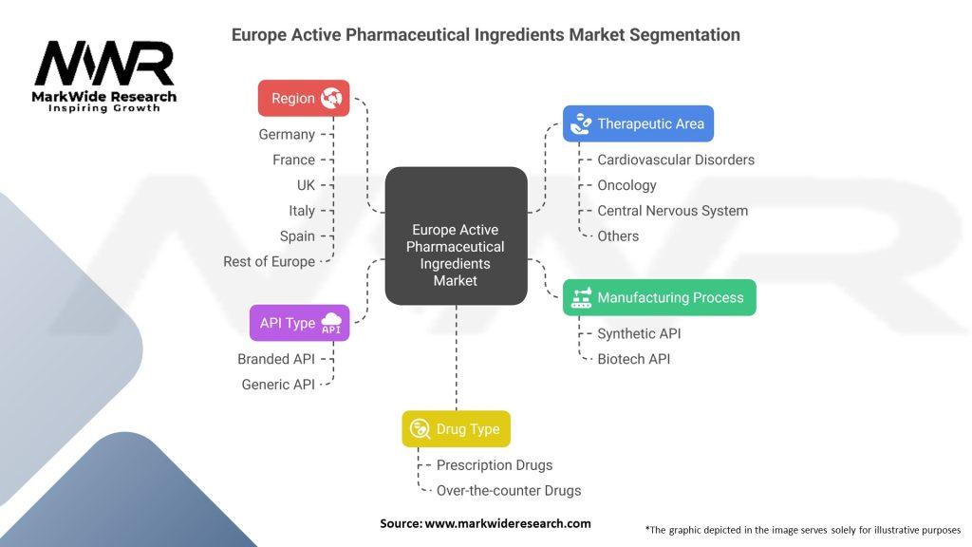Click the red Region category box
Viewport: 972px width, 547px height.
pos(304,98)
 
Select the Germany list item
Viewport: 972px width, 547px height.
pos(287,135)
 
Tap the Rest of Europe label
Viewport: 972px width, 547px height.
pos(269,261)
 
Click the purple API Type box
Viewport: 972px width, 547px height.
pos(299,323)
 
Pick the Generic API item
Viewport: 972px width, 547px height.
pos(278,385)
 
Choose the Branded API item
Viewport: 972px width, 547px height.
pos(276,359)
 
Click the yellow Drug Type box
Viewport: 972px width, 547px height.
pos(456,429)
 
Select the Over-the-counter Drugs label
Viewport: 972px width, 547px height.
pos(508,491)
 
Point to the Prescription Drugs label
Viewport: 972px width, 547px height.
pos(494,465)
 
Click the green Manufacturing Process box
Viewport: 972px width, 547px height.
pos(659,297)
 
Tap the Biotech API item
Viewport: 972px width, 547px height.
pos(633,359)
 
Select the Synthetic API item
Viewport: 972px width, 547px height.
pos(639,333)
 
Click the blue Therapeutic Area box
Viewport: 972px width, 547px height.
pos(638,123)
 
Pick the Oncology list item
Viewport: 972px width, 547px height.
pos(626,185)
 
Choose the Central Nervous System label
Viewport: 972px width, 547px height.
pos(672,211)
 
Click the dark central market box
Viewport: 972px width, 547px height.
pos(456,236)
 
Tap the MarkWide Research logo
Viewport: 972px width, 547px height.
pos(104,76)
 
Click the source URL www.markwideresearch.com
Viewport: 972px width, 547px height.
pos(507,523)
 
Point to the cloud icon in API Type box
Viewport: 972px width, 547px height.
pos(331,323)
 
